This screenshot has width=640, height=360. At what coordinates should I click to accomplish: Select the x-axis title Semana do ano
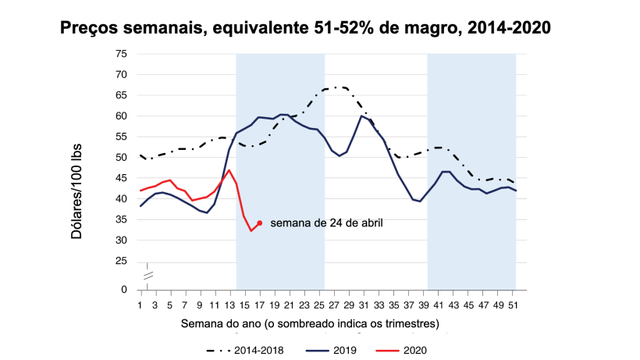pos(310,323)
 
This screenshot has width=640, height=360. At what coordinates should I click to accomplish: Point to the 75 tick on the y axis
pos(121,54)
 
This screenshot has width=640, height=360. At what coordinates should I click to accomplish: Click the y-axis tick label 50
pos(121,158)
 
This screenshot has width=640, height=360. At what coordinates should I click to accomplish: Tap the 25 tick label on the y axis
pos(121,261)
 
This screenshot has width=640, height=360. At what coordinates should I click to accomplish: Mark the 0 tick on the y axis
pos(123,290)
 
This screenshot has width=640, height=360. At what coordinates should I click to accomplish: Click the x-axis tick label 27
pos(332,304)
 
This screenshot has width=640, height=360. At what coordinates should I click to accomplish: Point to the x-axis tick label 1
pos(140,304)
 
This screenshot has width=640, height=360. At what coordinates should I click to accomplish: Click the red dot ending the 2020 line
pos(259,223)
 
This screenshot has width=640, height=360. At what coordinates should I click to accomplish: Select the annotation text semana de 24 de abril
pos(326,223)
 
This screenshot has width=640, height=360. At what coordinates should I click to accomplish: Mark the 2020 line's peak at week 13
pos(229,170)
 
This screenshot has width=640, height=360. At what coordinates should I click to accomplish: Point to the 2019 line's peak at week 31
pos(361,116)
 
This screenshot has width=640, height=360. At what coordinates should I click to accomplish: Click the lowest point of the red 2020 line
pos(251,230)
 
